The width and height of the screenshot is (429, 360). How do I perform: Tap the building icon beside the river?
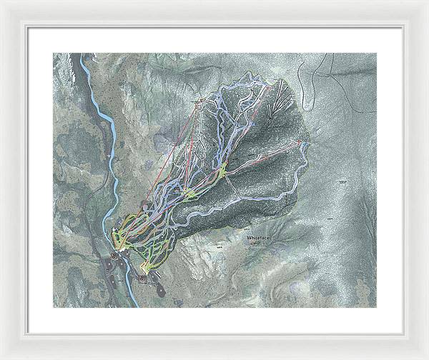point(114,256)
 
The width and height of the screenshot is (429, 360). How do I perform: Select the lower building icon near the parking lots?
point(143,277)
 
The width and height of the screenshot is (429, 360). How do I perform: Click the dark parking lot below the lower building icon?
point(159,291)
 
